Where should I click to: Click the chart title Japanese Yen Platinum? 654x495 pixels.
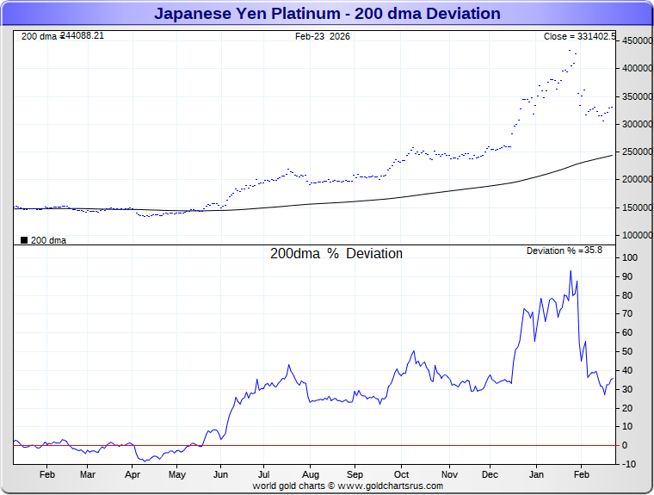tap(327, 14)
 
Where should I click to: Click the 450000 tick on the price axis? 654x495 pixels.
tap(635, 40)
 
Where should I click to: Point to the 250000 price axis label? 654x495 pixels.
tap(635, 152)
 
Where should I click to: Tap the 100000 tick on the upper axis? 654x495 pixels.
tap(635, 235)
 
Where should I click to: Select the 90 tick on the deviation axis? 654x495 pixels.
tap(629, 276)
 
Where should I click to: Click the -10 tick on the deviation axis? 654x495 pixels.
tap(628, 464)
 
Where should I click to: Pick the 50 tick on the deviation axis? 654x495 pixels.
tap(629, 351)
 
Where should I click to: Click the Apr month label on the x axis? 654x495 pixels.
tap(133, 474)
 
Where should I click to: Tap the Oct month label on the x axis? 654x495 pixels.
tap(401, 474)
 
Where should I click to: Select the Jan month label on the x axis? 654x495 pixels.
tap(536, 474)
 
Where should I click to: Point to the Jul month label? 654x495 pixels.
tap(265, 474)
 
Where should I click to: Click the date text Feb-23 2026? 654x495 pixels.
tap(323, 36)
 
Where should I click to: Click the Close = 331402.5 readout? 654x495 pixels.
tap(579, 36)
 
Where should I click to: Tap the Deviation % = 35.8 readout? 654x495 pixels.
tap(564, 251)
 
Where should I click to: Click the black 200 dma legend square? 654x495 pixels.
tap(23, 240)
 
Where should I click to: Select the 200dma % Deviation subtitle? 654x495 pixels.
tap(336, 254)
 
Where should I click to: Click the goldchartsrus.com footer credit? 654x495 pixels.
tap(348, 486)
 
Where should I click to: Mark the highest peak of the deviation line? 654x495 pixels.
tap(570, 272)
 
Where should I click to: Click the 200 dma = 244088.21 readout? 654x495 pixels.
tap(62, 35)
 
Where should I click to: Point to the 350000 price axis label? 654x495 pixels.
tap(635, 96)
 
